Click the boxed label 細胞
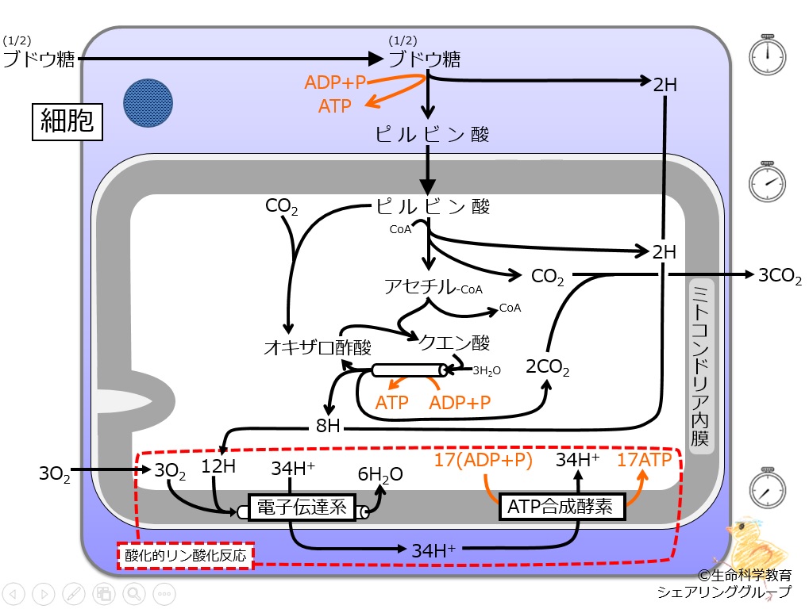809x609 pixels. tap(67, 121)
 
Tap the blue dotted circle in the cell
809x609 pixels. tap(148, 103)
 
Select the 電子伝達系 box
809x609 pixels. tap(302, 507)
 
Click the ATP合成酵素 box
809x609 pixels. tap(562, 507)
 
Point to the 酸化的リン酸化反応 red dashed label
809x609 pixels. tap(186, 555)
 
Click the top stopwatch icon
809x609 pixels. tap(767, 55)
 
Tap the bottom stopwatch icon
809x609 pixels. tap(767, 488)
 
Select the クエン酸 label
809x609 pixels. tap(454, 343)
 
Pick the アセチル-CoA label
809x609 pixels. tap(433, 287)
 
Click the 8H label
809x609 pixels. tap(328, 426)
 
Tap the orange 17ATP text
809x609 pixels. tap(645, 460)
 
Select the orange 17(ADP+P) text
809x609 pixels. tap(483, 460)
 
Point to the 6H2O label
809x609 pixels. tap(380, 475)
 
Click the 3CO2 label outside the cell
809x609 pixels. tap(780, 276)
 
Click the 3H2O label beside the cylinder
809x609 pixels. tap(487, 370)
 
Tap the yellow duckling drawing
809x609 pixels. tap(757, 543)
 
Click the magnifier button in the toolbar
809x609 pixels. tap(134, 594)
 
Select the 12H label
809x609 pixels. tap(218, 466)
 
